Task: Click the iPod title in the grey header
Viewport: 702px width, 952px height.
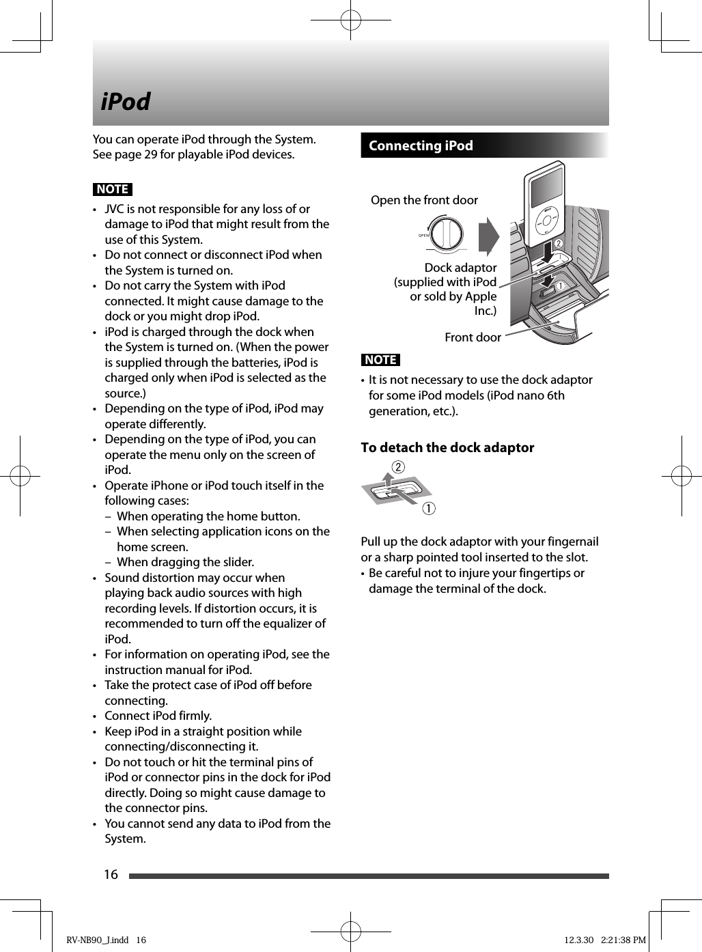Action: tap(126, 102)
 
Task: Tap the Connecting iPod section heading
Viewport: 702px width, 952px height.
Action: tap(421, 145)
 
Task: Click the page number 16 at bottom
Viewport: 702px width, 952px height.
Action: tap(111, 874)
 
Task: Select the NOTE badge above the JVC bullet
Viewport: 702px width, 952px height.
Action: tap(113, 189)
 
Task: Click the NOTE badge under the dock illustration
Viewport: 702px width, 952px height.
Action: tap(380, 360)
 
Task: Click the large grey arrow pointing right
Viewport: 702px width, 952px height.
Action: tap(488, 236)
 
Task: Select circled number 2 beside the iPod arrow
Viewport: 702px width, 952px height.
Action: tap(558, 244)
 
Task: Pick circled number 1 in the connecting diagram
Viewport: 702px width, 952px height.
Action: tap(561, 285)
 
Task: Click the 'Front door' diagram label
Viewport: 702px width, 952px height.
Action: tap(473, 337)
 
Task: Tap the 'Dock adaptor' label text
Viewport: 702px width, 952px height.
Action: tap(460, 268)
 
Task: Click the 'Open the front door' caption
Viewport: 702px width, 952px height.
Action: tap(424, 200)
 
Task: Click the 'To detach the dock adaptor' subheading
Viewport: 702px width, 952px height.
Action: tap(447, 448)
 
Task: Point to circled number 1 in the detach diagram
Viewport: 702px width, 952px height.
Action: tap(428, 509)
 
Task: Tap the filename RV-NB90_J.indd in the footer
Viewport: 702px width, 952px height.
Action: tap(98, 940)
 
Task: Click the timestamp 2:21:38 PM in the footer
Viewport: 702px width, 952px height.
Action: tap(623, 940)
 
